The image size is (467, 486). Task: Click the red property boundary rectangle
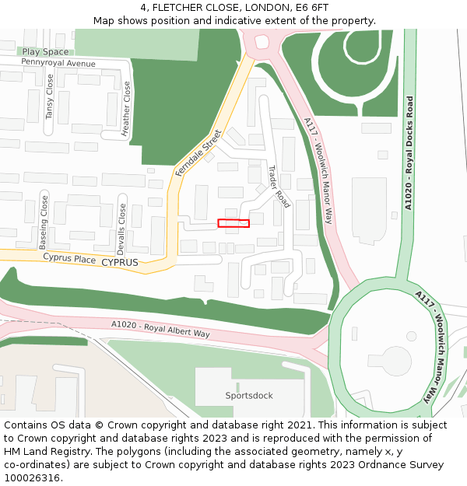(x=233, y=223)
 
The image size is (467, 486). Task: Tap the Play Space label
(x=45, y=52)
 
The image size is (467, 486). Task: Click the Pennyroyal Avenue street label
(x=58, y=63)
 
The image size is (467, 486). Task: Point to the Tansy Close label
(x=49, y=96)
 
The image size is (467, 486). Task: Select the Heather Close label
(x=127, y=110)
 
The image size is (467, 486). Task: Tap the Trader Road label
(x=279, y=187)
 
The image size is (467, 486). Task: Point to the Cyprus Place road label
(x=69, y=257)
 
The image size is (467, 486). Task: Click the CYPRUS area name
(x=120, y=263)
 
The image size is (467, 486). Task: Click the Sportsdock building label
(x=249, y=396)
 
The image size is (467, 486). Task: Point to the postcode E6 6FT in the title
(x=311, y=8)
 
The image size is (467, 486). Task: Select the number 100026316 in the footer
(x=31, y=477)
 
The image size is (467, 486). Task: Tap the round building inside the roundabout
(x=396, y=359)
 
